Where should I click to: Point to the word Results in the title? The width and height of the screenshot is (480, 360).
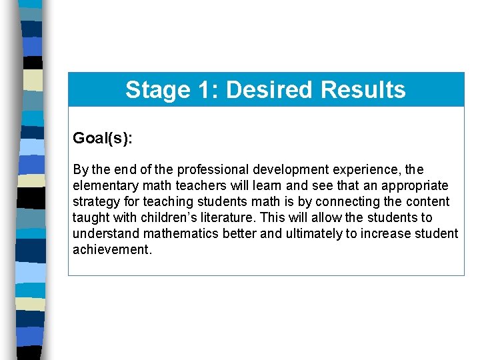(363, 90)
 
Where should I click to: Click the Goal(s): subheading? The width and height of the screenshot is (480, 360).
(103, 138)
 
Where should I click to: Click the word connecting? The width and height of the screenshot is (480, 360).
(347, 202)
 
